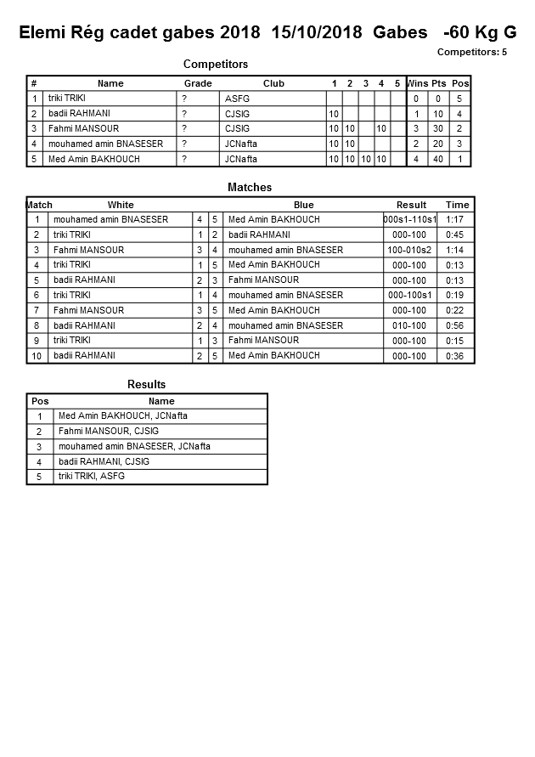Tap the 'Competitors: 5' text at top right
coord(471,53)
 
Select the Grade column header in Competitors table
coord(198,83)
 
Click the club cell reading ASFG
coord(237,99)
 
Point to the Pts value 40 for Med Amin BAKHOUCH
coord(438,159)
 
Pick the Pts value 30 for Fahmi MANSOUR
coord(438,129)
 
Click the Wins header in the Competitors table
coord(418,83)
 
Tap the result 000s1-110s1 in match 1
coord(410,219)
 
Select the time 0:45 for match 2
coord(457,234)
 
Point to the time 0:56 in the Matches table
coord(457,325)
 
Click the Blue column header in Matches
coord(303,205)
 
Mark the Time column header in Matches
coord(457,205)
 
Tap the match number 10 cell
coord(37,356)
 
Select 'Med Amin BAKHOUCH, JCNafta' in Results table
coord(123,416)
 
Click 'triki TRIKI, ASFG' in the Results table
coord(92,477)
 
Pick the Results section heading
coord(146,385)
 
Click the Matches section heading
coord(250,187)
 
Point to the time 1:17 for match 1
coord(457,219)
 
